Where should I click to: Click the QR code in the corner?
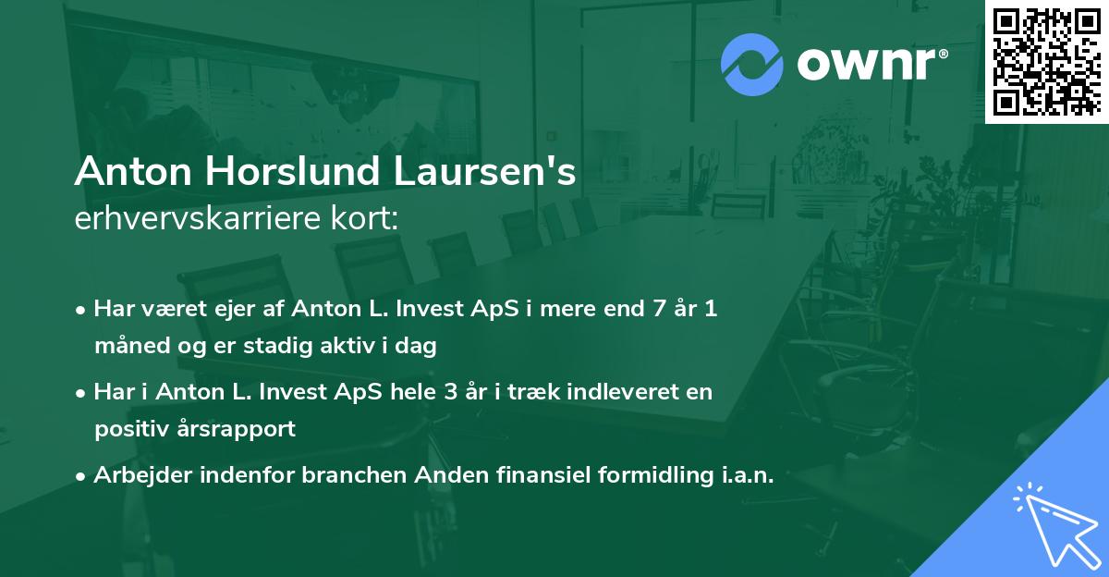pos(1046,60)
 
